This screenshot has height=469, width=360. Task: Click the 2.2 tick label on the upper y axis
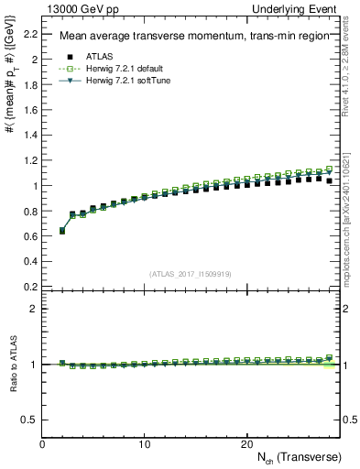31,34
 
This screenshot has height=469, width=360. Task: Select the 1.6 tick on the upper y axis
31,110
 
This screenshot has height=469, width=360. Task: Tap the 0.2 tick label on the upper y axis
31,286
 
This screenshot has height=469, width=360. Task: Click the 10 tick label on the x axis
145,444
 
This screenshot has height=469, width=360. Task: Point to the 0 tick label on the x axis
43,444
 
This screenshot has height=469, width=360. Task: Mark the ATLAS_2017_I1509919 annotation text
191,274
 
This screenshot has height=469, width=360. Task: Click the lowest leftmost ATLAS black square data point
62,231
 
